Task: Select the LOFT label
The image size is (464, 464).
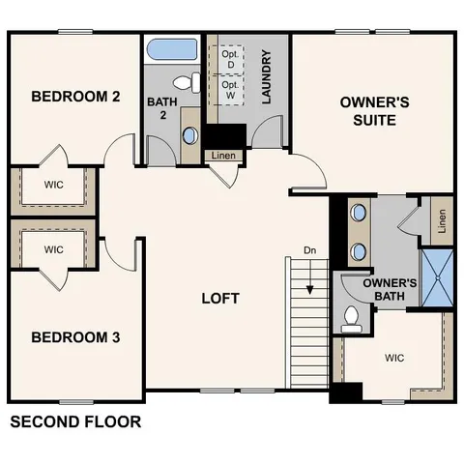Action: click(219, 299)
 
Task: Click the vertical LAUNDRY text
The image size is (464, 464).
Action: click(265, 78)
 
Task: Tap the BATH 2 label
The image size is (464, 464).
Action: click(160, 109)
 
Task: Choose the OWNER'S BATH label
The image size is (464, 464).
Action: click(390, 289)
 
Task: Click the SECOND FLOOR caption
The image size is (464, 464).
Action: click(74, 422)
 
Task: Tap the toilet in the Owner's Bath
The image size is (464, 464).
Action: click(352, 316)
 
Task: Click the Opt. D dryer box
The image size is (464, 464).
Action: click(229, 58)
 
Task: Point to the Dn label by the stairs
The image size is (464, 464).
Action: click(309, 251)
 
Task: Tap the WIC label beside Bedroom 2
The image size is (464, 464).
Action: click(53, 184)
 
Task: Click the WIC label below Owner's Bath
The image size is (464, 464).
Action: click(393, 358)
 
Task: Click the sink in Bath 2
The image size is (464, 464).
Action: click(188, 134)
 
